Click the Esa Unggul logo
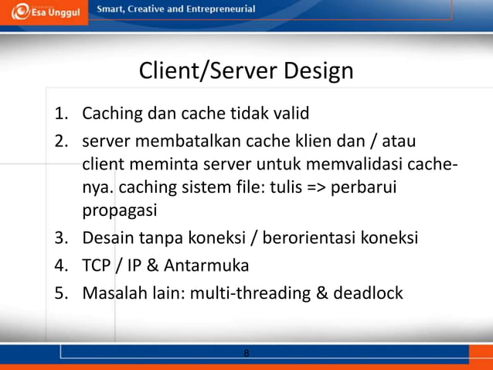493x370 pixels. pyautogui.click(x=44, y=12)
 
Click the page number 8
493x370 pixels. pyautogui.click(x=246, y=354)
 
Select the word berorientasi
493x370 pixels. pyautogui.click(x=312, y=237)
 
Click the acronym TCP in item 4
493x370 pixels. pyautogui.click(x=97, y=266)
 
